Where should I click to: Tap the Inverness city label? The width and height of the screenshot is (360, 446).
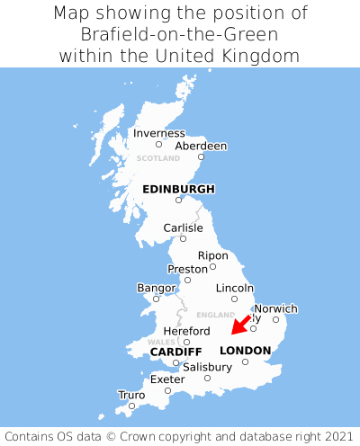(x=158, y=133)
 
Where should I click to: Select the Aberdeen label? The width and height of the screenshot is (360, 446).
(x=201, y=146)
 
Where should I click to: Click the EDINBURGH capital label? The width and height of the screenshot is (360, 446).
(x=178, y=189)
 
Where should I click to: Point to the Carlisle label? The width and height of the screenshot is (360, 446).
(x=183, y=227)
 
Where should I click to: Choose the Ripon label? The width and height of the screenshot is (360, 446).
(x=212, y=255)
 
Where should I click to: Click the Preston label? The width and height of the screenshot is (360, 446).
(x=188, y=269)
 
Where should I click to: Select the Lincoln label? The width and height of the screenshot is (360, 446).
(x=235, y=288)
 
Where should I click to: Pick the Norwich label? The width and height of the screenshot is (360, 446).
(x=275, y=308)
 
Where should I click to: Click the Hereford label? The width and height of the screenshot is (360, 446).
(x=186, y=331)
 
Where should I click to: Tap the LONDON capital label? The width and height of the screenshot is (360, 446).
(x=245, y=351)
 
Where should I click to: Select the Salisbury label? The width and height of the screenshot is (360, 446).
(x=207, y=367)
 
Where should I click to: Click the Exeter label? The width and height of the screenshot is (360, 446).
(x=167, y=379)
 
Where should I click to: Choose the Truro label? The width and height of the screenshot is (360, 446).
(x=131, y=395)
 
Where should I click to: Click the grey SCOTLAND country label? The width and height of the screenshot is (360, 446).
(x=158, y=158)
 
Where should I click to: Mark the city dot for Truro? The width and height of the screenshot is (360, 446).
(x=131, y=406)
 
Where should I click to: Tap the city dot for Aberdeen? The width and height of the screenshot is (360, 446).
(x=201, y=157)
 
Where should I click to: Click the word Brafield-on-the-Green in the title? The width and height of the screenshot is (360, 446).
(x=180, y=34)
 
